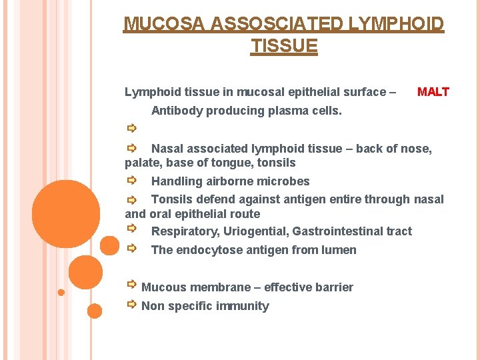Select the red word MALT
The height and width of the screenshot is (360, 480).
[433, 92]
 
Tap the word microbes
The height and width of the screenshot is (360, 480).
[286, 181]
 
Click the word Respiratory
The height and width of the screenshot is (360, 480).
[185, 231]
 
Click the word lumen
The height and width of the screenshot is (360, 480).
[340, 250]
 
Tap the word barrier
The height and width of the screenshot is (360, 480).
[331, 287]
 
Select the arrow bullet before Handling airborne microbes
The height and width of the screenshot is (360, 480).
[132, 180]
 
